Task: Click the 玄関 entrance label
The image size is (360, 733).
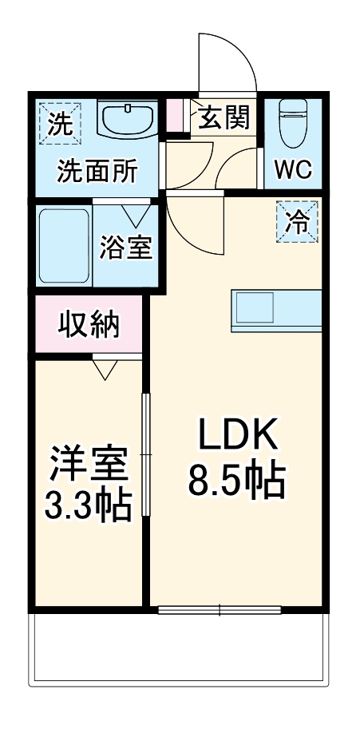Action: (224, 118)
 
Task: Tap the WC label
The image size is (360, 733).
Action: (294, 169)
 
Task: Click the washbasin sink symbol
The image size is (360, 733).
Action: (129, 121)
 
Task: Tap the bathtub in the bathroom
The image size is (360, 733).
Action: (64, 247)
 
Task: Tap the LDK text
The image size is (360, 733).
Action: (237, 436)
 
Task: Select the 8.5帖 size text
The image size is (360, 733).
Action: (237, 479)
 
